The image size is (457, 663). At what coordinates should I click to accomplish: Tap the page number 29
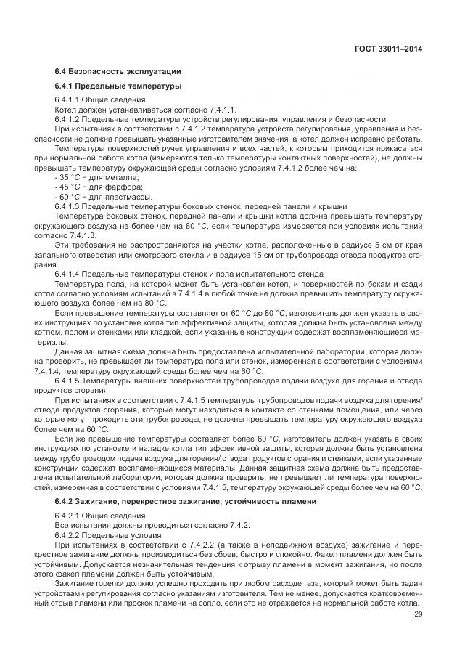coord(416,614)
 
